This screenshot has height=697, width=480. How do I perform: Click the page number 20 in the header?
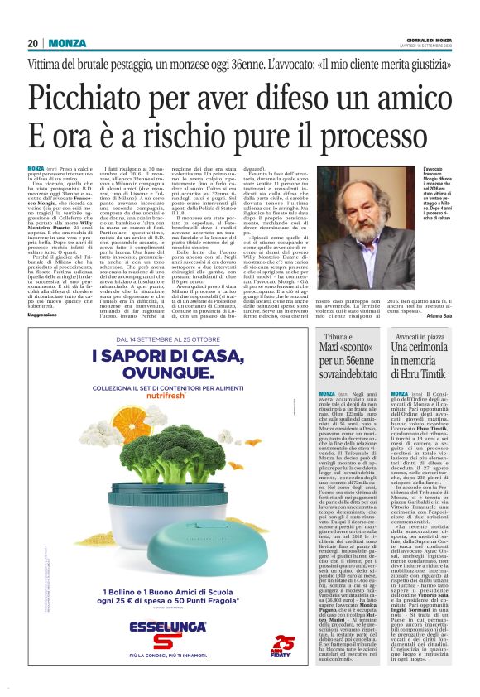32,43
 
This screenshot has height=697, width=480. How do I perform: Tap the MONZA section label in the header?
66,43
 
